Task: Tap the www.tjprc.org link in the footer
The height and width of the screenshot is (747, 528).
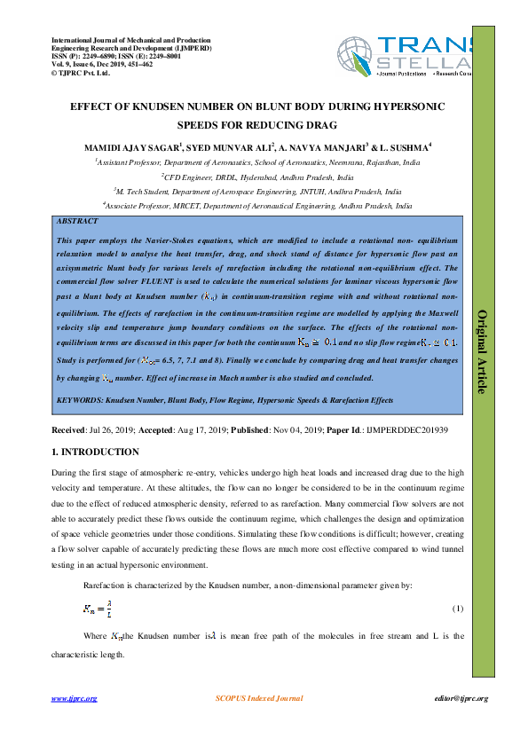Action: pyautogui.click(x=74, y=698)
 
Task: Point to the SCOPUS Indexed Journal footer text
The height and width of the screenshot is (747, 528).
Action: pyautogui.click(x=258, y=698)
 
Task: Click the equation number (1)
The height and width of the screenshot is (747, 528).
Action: pyautogui.click(x=458, y=609)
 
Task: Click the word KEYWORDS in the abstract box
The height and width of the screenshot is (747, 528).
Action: pyautogui.click(x=80, y=401)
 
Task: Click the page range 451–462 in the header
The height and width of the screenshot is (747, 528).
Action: pyautogui.click(x=135, y=64)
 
